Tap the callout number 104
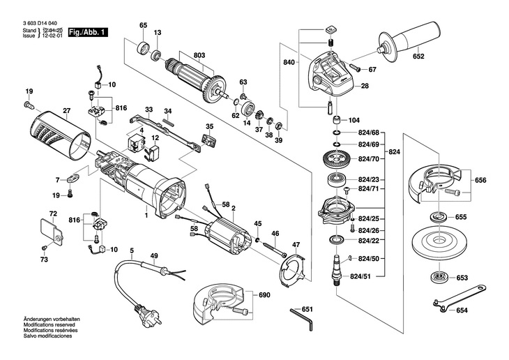click(354, 119)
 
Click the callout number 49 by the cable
click(154, 255)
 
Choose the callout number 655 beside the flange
click(460, 217)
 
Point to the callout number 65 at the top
click(143, 26)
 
